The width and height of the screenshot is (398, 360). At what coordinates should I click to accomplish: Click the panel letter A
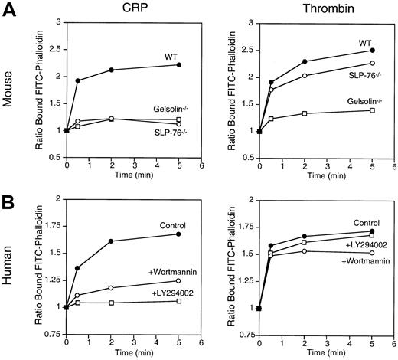[x=9, y=8]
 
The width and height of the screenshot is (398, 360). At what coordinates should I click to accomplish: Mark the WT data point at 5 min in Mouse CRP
[x=178, y=65]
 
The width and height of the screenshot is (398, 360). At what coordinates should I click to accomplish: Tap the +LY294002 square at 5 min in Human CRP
[x=178, y=301]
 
